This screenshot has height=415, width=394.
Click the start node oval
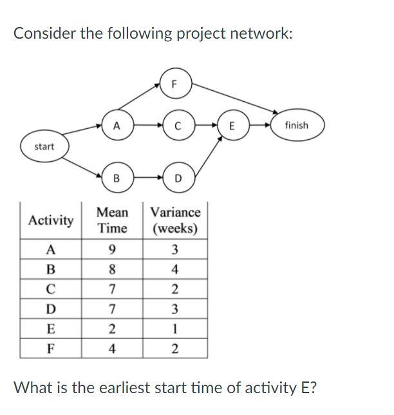click(x=44, y=147)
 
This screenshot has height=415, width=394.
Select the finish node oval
click(x=296, y=126)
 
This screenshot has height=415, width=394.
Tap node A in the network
click(x=115, y=126)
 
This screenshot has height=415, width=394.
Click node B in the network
click(x=116, y=178)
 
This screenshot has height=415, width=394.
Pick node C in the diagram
click(x=176, y=126)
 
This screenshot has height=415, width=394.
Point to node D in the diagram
click(x=178, y=178)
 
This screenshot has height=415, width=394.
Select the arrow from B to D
click(x=147, y=177)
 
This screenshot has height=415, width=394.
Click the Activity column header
click(x=51, y=220)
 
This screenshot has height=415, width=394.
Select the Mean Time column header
click(x=112, y=220)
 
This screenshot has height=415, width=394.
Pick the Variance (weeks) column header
click(x=175, y=220)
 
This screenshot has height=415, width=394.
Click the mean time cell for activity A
click(x=112, y=250)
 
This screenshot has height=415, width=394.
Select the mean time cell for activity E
click(x=112, y=329)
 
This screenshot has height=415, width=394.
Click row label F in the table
click(x=51, y=349)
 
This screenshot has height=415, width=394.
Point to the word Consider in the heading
click(x=44, y=33)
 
